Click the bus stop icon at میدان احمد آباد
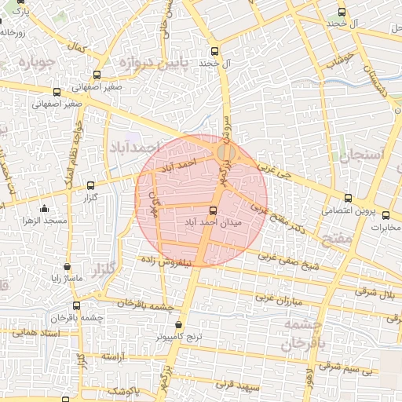[214, 210]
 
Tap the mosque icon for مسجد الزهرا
[44, 209]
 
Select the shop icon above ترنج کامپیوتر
[180, 324]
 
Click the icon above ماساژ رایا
[67, 267]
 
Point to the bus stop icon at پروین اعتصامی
[349, 199]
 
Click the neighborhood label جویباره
[38, 61]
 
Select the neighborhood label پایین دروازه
[151, 62]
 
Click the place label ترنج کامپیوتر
[179, 337]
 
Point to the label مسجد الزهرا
[45, 221]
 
